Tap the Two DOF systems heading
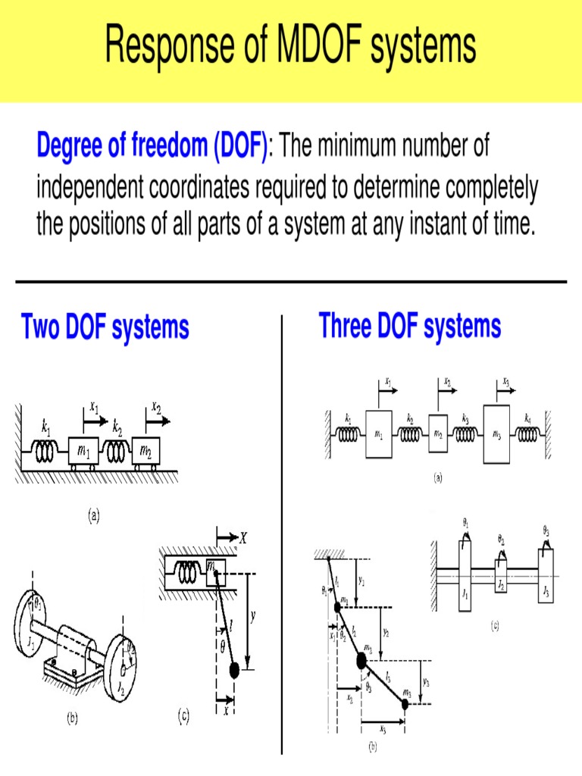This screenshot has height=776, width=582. click(x=105, y=328)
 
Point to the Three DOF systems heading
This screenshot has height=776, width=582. click(x=410, y=327)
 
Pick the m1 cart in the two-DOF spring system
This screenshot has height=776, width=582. click(x=84, y=452)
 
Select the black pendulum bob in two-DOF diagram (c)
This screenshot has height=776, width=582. click(x=234, y=670)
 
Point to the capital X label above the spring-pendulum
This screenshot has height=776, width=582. click(x=242, y=539)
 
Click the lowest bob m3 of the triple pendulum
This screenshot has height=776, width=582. click(x=405, y=704)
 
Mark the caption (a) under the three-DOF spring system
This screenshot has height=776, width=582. click(x=437, y=477)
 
